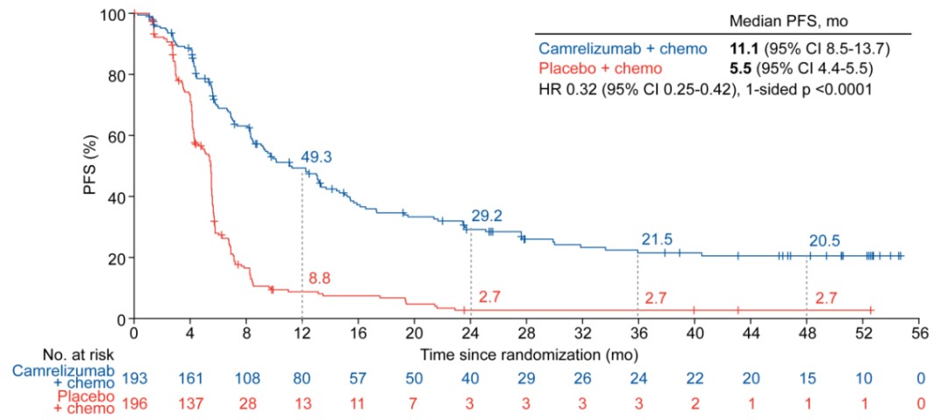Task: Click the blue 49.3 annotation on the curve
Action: (x=317, y=158)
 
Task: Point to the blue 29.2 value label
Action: (x=486, y=216)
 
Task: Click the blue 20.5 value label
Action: (x=823, y=239)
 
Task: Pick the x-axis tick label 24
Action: (x=470, y=333)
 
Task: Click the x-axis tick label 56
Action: (x=919, y=333)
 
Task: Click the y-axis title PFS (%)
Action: (x=92, y=167)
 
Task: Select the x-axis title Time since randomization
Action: (x=530, y=355)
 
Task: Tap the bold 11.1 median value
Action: (x=743, y=46)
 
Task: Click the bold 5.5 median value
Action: (x=739, y=68)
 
